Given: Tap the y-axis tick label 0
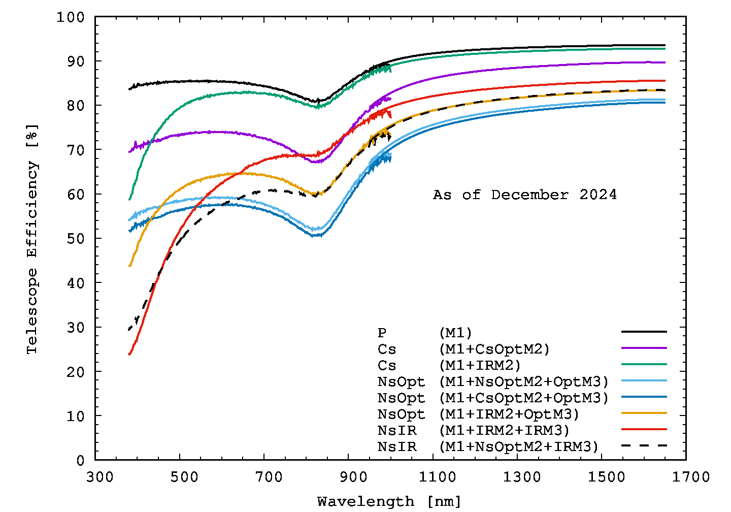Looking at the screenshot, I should click(x=80, y=460).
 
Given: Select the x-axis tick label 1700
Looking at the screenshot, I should click(x=686, y=477).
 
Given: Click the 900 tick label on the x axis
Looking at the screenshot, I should click(x=348, y=477).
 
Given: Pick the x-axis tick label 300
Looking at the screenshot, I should click(x=95, y=477).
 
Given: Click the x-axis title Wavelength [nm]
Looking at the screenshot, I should click(x=389, y=501).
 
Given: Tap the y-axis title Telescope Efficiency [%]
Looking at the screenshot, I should click(x=32, y=239).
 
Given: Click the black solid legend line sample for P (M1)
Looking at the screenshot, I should click(x=644, y=332).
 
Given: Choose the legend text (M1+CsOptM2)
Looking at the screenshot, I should click(x=494, y=349).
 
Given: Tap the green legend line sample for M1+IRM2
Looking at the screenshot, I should click(x=644, y=364).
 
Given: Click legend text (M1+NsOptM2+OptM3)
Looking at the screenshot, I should click(x=523, y=381).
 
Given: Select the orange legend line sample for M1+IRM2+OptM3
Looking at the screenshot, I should click(x=644, y=413).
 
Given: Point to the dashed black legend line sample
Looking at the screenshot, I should click(x=644, y=445).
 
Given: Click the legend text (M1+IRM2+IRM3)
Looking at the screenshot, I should click(x=504, y=430).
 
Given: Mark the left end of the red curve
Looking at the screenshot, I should click(x=130, y=354).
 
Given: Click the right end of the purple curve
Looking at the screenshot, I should click(x=664, y=62).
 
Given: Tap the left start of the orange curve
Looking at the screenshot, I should click(x=130, y=266).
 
